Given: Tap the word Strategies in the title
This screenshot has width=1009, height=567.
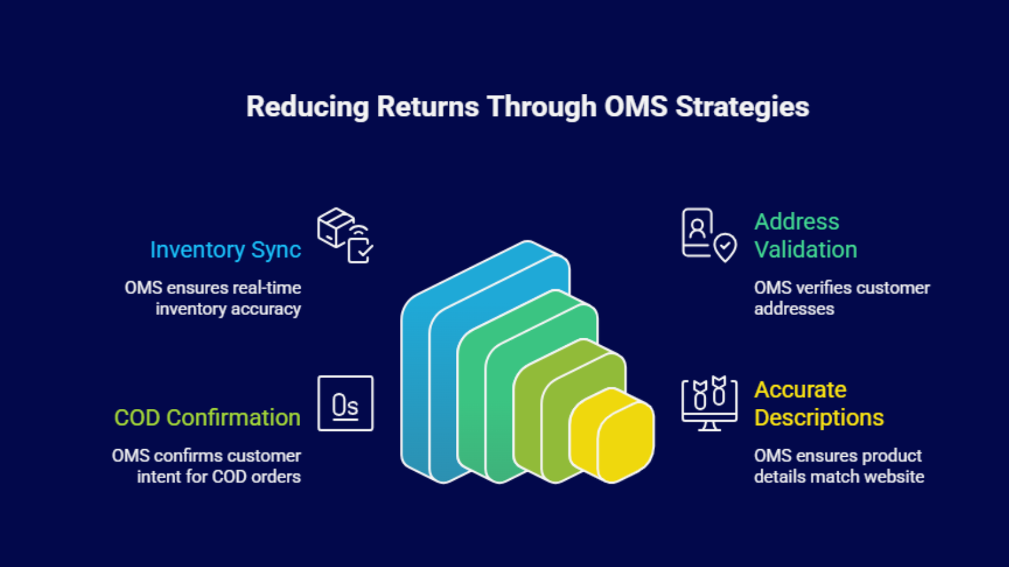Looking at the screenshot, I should (742, 107).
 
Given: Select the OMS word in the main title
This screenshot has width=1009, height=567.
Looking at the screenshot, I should (636, 106).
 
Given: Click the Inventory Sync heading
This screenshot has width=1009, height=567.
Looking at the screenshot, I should (225, 250).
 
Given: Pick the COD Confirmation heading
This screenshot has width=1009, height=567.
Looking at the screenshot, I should (207, 418).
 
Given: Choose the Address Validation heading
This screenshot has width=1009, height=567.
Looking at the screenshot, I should (805, 236).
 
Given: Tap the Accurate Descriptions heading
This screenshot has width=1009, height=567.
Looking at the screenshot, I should (819, 404).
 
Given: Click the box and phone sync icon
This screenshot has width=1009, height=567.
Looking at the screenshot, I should (344, 235).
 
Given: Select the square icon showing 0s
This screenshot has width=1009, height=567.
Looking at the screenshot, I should (346, 404).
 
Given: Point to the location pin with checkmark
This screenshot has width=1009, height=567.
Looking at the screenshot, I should (725, 247).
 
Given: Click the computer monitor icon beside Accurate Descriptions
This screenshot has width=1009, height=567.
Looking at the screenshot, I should (709, 404).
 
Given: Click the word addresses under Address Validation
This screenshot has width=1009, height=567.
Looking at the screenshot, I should (794, 309).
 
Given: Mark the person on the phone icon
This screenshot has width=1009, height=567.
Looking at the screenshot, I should (697, 227).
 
